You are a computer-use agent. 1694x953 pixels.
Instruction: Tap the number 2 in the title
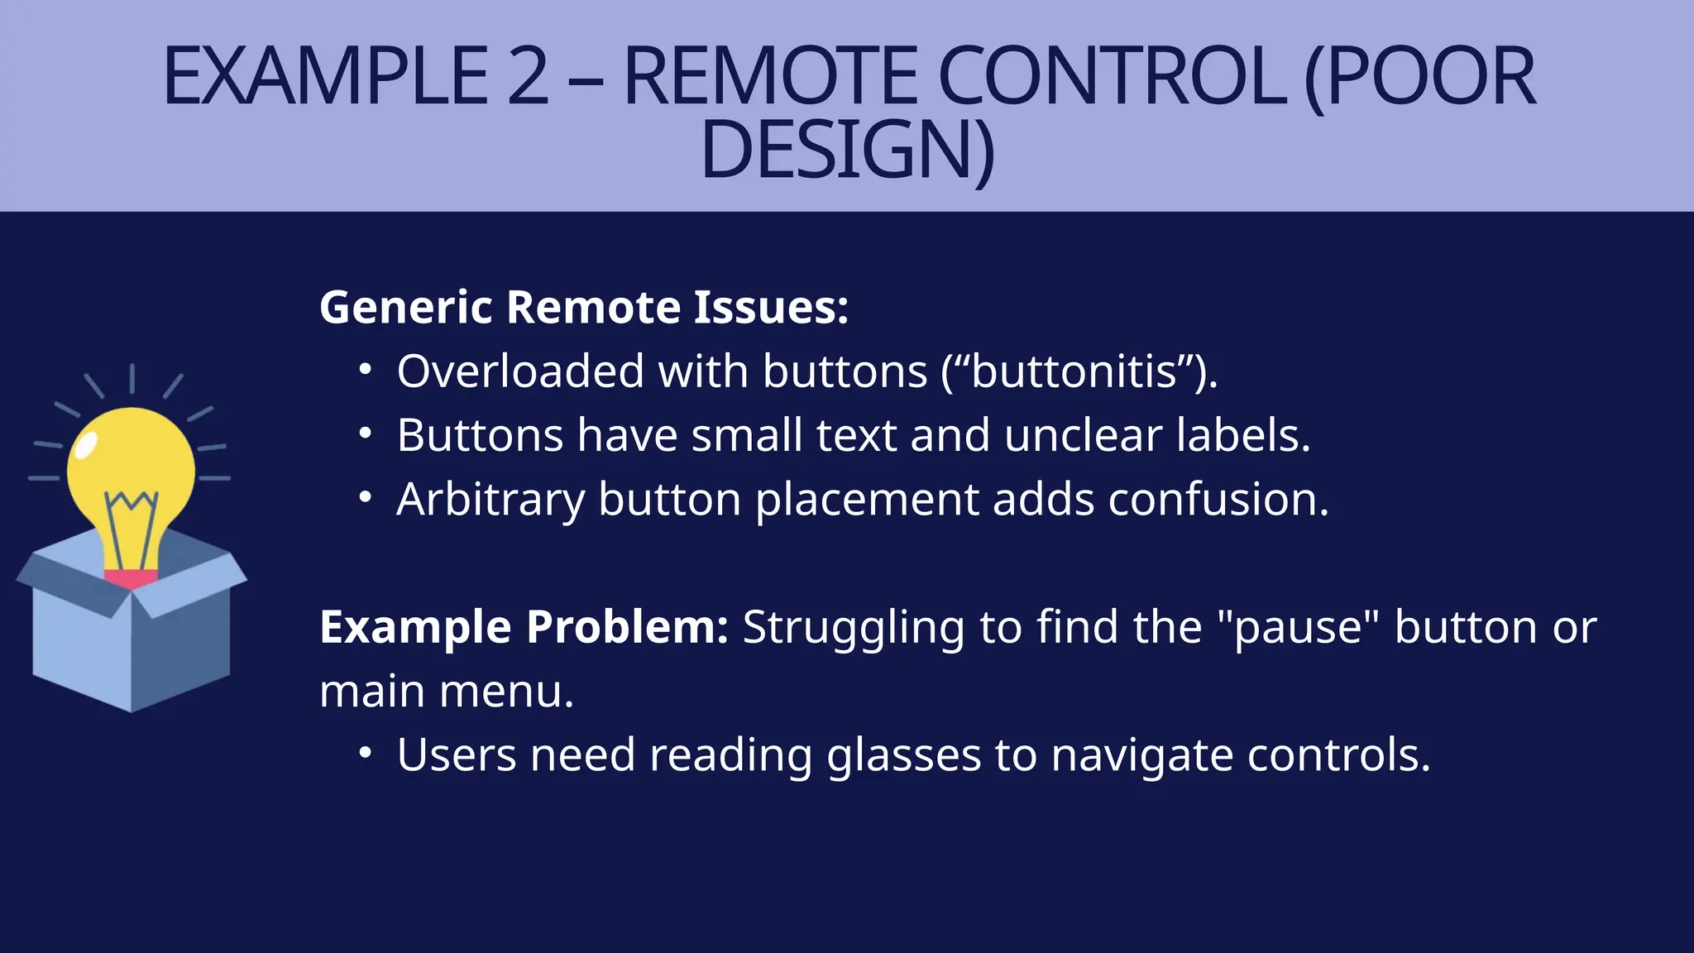[x=528, y=76]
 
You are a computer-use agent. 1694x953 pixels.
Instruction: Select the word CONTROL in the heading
[x=1112, y=76]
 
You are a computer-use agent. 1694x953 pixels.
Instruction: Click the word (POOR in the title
[x=1419, y=76]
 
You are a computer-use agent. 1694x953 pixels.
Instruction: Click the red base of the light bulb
[x=131, y=577]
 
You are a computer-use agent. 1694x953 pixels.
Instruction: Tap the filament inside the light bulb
[x=131, y=521]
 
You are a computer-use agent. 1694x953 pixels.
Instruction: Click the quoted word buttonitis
[x=1074, y=371]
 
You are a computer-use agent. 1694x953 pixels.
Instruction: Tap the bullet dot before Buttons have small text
[x=366, y=433]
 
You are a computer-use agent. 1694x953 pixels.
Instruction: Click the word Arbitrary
[x=490, y=500]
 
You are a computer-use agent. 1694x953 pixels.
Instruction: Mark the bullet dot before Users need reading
[x=366, y=754]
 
